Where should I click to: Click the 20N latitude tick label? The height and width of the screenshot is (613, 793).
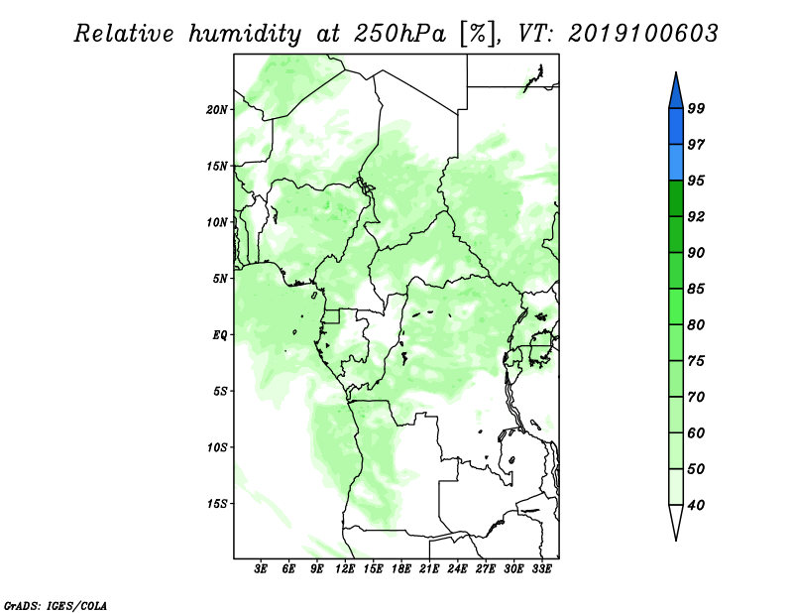point(216,109)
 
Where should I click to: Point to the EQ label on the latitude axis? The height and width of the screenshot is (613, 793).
point(219,334)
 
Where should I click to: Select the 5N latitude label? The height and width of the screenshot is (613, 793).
point(219,279)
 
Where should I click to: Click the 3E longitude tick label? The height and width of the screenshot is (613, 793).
point(261,568)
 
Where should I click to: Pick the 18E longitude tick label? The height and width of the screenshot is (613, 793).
point(401,568)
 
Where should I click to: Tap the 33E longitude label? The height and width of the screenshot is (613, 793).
point(541,568)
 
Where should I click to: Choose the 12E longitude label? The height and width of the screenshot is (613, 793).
point(345,568)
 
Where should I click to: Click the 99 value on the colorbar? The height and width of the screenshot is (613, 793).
point(696,108)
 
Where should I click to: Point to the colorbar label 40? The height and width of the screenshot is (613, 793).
point(696,505)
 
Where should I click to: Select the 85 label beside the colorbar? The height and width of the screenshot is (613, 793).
point(696,289)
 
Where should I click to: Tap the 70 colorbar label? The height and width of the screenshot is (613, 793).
point(696,397)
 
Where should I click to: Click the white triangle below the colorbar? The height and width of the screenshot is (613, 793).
point(676,521)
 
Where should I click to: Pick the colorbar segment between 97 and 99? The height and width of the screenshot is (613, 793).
point(676,127)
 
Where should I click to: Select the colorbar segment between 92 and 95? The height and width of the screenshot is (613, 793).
point(676,198)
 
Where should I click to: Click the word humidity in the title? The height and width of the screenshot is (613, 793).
point(245,34)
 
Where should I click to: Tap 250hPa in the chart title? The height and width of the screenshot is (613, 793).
point(399,34)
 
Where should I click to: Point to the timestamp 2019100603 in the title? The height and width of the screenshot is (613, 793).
point(642,34)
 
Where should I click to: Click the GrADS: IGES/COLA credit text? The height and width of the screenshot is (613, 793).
point(56,605)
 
